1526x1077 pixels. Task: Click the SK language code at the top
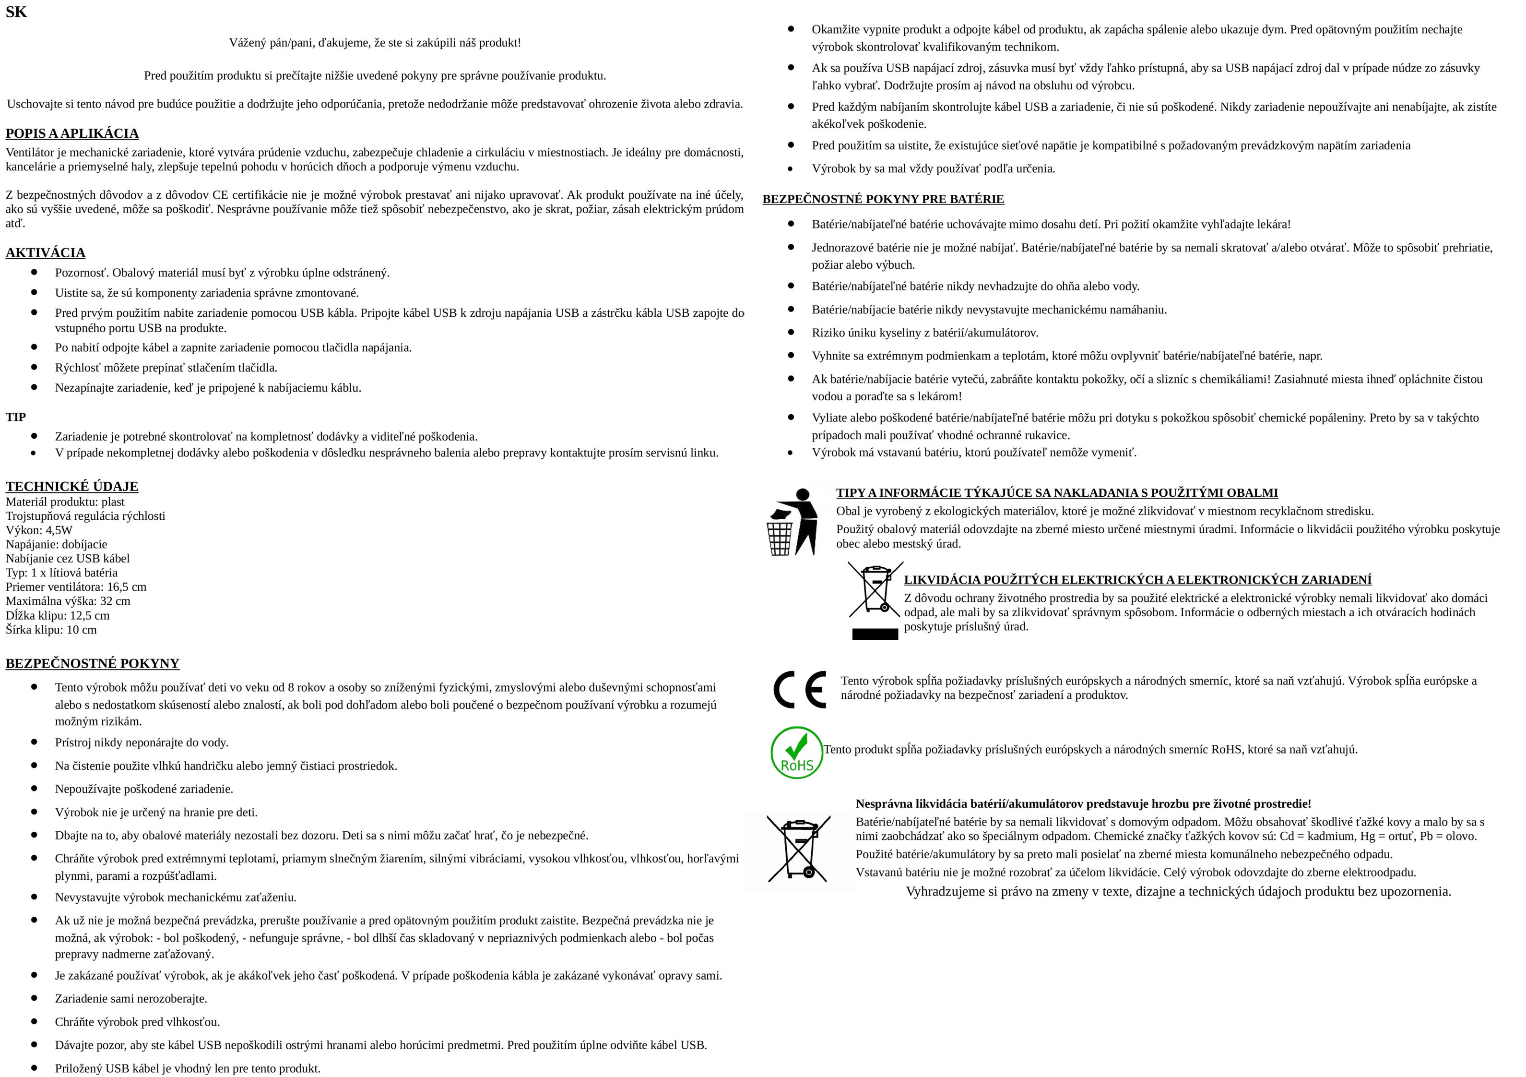16,12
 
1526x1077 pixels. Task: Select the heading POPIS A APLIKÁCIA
72,133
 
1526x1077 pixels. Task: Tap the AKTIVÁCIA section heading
45,252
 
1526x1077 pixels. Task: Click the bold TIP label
15,417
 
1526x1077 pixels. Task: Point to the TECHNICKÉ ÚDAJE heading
72,486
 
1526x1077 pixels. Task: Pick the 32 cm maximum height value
115,601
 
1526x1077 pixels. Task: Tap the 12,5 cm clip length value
90,616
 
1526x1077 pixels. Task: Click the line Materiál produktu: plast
65,502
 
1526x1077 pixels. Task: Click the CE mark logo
800,689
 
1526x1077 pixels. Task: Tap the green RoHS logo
796,752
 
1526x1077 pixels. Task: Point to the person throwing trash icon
792,522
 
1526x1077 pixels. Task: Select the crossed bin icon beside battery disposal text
798,849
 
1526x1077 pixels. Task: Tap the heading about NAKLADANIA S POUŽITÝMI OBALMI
1057,492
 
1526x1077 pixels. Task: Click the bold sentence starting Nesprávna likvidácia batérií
1083,804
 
